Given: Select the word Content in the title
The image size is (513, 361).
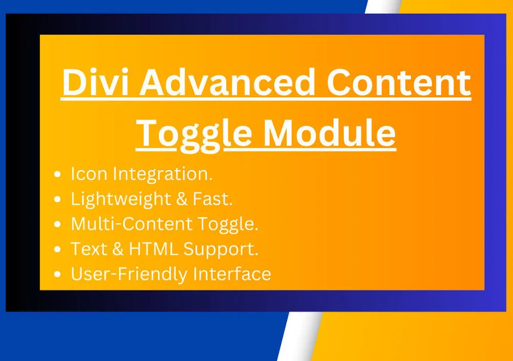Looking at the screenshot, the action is click(399, 82).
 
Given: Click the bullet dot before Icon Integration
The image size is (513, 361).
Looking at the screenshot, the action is click(57, 174).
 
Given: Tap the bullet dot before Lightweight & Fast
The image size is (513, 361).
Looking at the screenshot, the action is click(57, 199).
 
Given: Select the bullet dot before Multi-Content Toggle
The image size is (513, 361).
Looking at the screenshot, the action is click(57, 224).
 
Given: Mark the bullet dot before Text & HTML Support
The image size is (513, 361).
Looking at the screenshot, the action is click(57, 249).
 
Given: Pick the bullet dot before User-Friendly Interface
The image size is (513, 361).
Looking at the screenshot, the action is click(57, 274).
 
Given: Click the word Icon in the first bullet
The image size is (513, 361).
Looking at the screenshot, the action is click(89, 174).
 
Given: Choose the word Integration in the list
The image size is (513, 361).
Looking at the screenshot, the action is click(163, 175).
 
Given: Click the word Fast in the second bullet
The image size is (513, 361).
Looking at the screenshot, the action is click(213, 199).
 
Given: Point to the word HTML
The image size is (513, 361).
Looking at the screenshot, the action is click(153, 249).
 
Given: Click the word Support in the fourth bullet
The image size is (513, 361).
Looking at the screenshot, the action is click(221, 250).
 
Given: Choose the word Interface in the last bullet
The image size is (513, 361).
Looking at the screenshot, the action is click(232, 274).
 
